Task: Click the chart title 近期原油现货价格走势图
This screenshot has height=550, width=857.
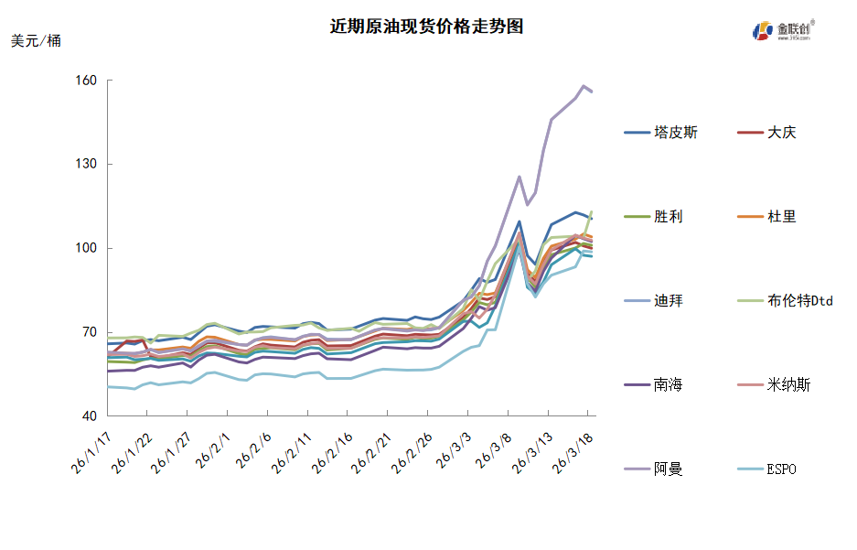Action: (426, 27)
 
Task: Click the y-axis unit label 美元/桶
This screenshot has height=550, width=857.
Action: (37, 41)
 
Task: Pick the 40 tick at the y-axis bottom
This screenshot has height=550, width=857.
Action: (89, 416)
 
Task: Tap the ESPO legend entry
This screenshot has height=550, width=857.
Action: (782, 469)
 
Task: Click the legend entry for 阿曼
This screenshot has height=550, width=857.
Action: (668, 469)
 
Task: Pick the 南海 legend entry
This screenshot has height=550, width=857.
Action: (668, 385)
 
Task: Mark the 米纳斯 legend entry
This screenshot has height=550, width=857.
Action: (788, 385)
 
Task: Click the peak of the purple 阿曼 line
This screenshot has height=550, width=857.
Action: (584, 86)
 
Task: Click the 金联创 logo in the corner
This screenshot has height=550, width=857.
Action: (782, 30)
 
